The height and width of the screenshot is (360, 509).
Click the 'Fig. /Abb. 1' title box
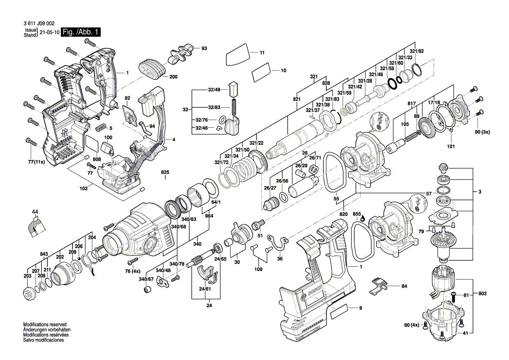click(81, 32)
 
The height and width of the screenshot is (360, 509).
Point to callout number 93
click(204, 48)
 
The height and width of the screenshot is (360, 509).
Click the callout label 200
click(173, 77)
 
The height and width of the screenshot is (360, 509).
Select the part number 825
click(165, 173)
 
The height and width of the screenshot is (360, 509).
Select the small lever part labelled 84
click(379, 286)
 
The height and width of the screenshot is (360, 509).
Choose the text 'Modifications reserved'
click(44, 325)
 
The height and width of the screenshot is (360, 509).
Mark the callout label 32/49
click(214, 89)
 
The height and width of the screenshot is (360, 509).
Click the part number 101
click(450, 146)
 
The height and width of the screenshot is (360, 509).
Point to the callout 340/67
click(146, 279)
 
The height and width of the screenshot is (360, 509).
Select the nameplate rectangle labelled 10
click(261, 71)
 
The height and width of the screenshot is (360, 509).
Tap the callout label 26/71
click(315, 158)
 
